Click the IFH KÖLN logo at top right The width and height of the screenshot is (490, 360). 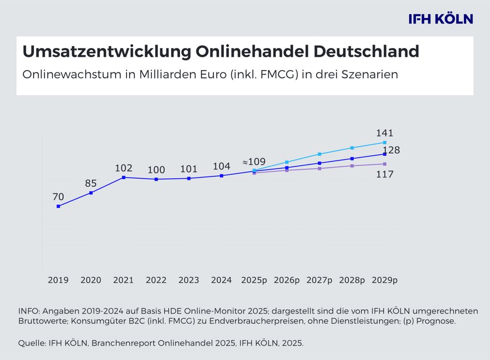coord(441,19)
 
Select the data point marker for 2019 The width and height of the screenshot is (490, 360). coord(58,206)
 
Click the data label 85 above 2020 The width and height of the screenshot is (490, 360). coord(91,183)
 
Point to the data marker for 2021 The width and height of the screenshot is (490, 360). coord(123,177)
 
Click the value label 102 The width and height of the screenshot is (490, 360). coord(123,168)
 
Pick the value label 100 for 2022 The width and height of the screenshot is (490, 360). coord(156,170)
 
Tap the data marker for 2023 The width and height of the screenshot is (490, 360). coord(189,178)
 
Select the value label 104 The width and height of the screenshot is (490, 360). coord(221,166)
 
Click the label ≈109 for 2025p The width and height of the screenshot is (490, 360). coord(254,161)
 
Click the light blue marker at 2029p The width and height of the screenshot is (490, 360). coord(385,143)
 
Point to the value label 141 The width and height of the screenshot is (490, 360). coord(385,133)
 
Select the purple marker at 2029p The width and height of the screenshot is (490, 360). coord(385,164)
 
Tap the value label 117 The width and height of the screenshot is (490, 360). coord(385,174)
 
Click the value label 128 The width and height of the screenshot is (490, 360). coord(392,150)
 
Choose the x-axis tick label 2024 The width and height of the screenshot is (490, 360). coord(221,281)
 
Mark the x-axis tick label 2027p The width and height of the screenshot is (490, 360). coord(319,281)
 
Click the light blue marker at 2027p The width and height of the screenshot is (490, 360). coord(319,154)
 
